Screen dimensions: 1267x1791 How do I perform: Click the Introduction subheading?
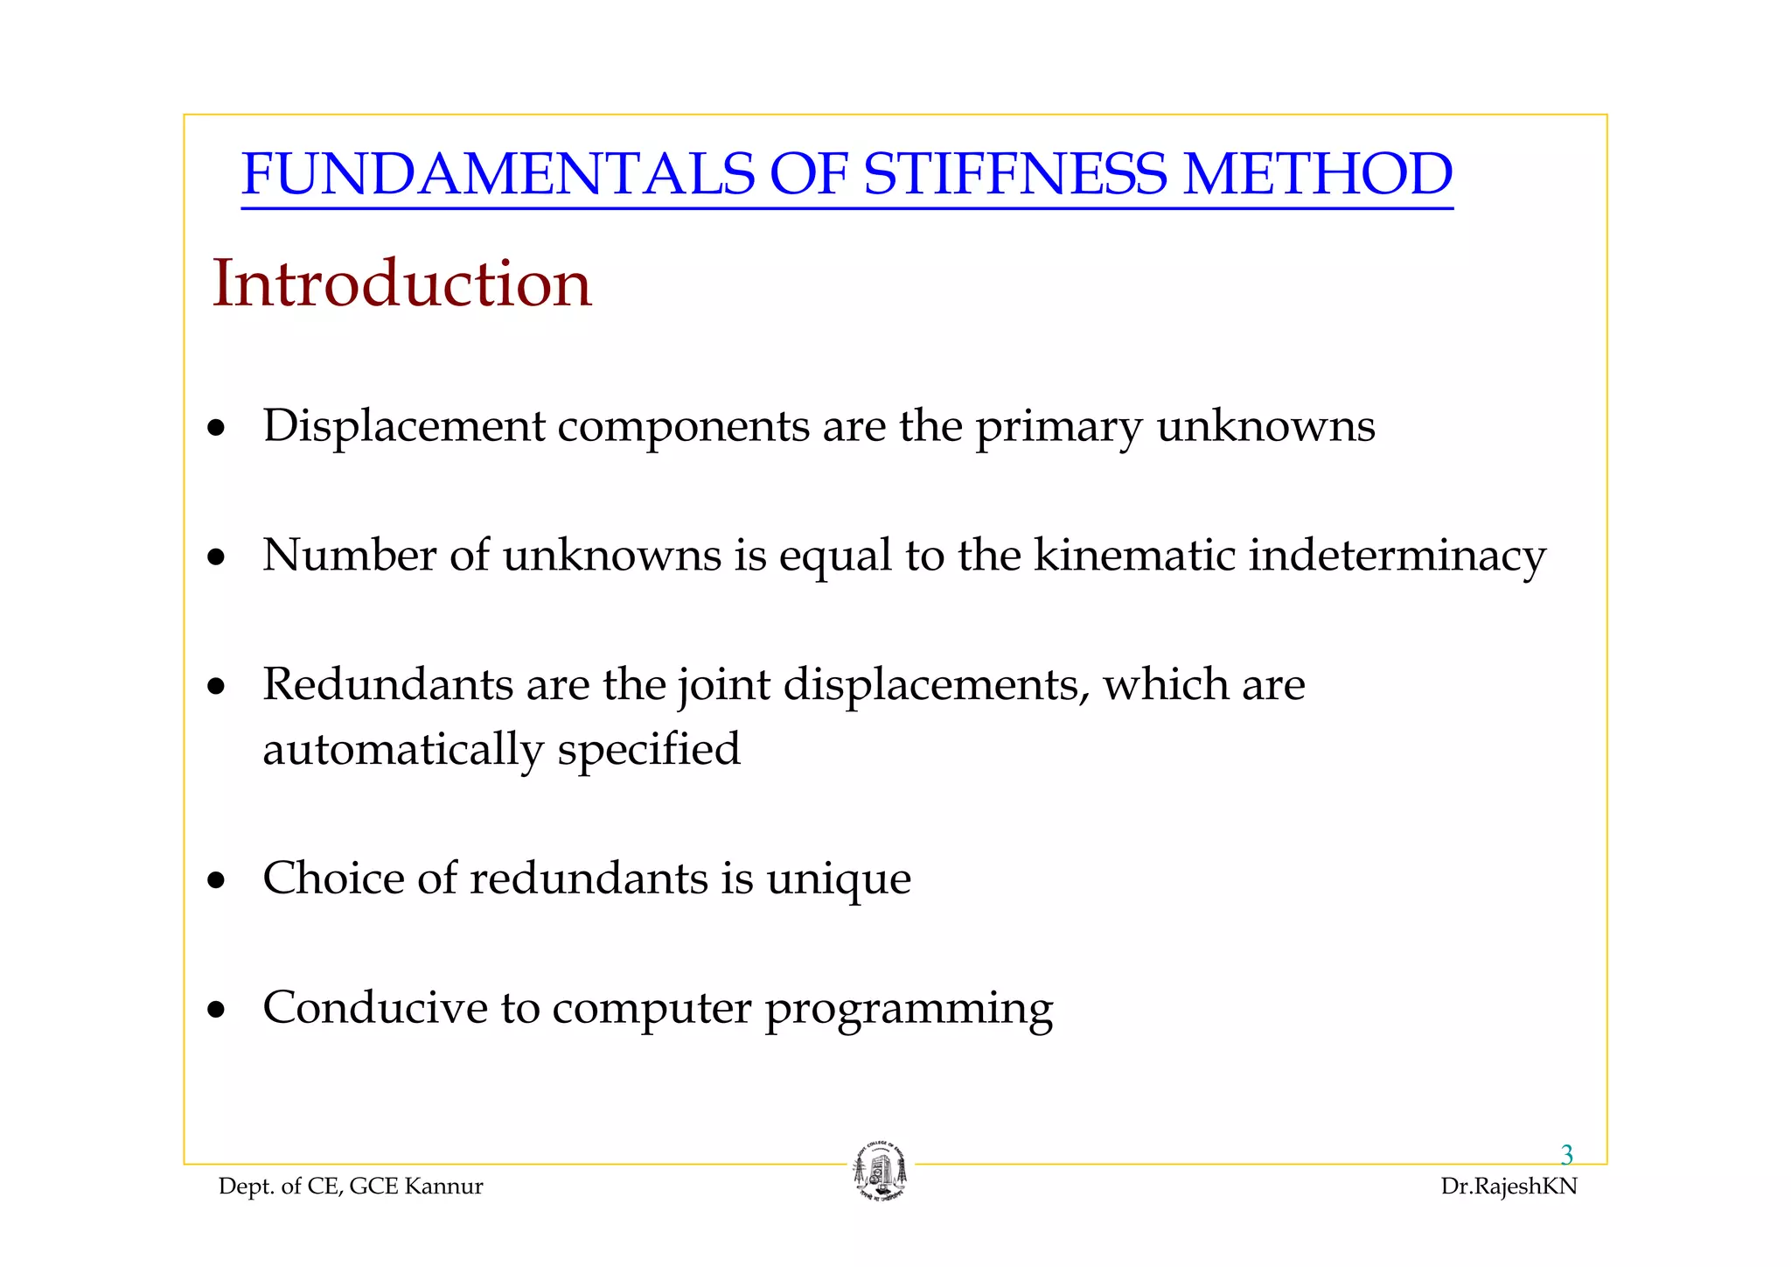[402, 283]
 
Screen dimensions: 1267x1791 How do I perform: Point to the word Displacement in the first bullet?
[404, 426]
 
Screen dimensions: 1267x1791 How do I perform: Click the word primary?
[1058, 428]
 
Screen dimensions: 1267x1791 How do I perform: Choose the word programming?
[909, 1009]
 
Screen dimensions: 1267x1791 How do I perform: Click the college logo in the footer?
[880, 1172]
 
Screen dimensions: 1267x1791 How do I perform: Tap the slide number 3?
[1566, 1155]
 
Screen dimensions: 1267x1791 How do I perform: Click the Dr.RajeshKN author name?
[1509, 1186]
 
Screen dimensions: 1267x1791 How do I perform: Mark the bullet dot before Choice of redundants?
[216, 881]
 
